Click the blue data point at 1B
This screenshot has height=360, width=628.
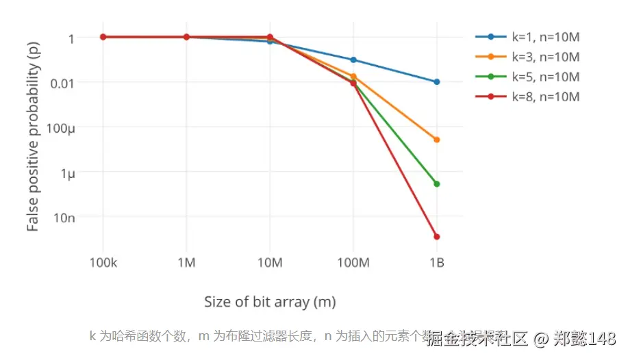pyautogui.click(x=436, y=81)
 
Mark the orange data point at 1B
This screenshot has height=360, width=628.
pyautogui.click(x=436, y=140)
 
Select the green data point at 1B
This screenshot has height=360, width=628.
pyautogui.click(x=436, y=183)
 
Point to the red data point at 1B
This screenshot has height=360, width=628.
pyautogui.click(x=436, y=237)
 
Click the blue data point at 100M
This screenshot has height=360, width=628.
pyautogui.click(x=353, y=60)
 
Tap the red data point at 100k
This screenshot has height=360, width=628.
pyautogui.click(x=103, y=36)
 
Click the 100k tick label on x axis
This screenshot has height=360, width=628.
pyautogui.click(x=103, y=263)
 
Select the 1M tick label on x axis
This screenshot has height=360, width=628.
pyautogui.click(x=186, y=263)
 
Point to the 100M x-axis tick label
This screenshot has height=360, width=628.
pyautogui.click(x=353, y=263)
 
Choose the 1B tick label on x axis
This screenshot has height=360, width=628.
pyautogui.click(x=436, y=263)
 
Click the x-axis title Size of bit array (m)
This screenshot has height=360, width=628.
pyautogui.click(x=270, y=301)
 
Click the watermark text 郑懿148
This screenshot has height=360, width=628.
pyautogui.click(x=585, y=339)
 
